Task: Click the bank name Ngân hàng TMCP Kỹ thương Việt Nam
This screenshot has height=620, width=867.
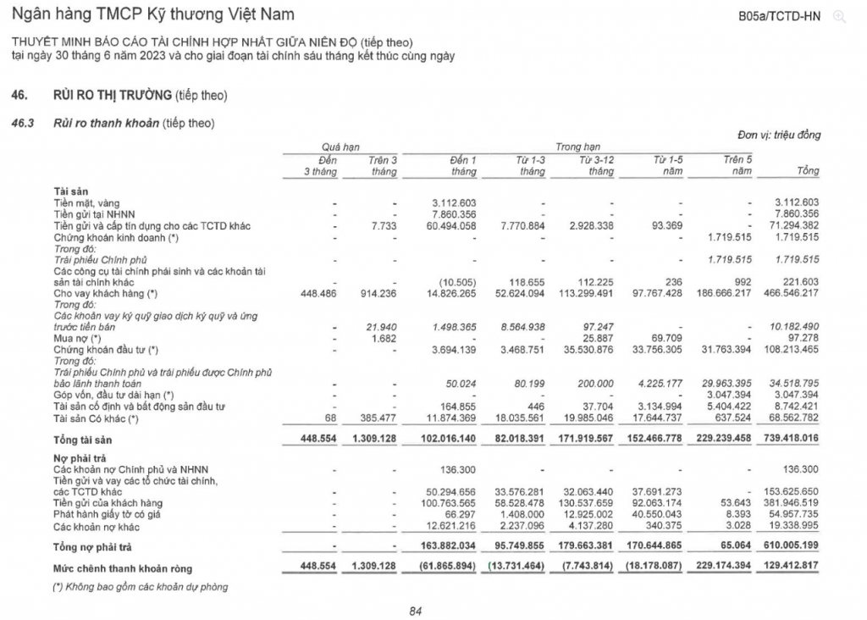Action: [x=152, y=15]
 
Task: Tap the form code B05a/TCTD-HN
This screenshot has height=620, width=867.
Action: [x=780, y=16]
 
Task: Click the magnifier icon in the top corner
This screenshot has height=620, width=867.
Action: [x=839, y=16]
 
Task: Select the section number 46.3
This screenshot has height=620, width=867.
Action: [x=22, y=124]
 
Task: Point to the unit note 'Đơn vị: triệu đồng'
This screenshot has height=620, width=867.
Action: [x=778, y=135]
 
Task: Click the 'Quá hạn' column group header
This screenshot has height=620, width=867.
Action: [x=340, y=147]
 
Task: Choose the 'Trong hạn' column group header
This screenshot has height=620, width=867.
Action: [x=577, y=147]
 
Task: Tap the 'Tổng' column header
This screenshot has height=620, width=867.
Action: [x=808, y=171]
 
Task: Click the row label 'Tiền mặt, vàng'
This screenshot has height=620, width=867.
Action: [x=86, y=202]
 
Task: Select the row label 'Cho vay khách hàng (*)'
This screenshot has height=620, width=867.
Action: [x=106, y=293]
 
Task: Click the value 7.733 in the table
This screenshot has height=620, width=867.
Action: [x=384, y=226]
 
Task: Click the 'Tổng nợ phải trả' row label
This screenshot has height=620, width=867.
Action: [x=92, y=547]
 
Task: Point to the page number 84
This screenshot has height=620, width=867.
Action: [x=415, y=611]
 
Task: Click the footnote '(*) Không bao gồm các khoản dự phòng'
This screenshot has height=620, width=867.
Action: [x=141, y=586]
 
